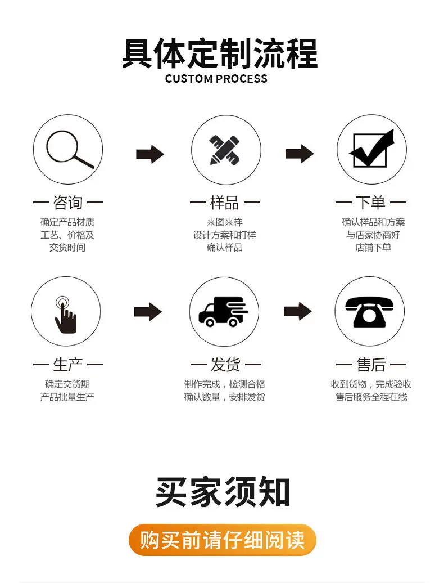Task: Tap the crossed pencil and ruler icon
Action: tap(225, 150)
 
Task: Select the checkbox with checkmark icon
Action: tap(371, 149)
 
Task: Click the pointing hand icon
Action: tap(65, 315)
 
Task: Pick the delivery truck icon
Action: tap(224, 312)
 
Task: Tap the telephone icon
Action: tap(369, 312)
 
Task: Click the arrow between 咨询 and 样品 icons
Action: tap(150, 154)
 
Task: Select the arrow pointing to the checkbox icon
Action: tap(300, 154)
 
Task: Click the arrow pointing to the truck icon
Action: tap(148, 312)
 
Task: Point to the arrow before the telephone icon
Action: tap(298, 311)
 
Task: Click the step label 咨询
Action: tap(68, 203)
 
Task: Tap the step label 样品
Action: tap(225, 203)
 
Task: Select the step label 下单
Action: tap(371, 203)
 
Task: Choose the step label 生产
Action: tap(68, 365)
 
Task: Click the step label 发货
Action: tap(225, 365)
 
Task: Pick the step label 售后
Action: tap(371, 365)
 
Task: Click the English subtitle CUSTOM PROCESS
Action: tap(216, 79)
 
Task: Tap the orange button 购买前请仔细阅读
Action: tap(223, 540)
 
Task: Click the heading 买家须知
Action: tap(223, 491)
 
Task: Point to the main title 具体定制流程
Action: tap(220, 53)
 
